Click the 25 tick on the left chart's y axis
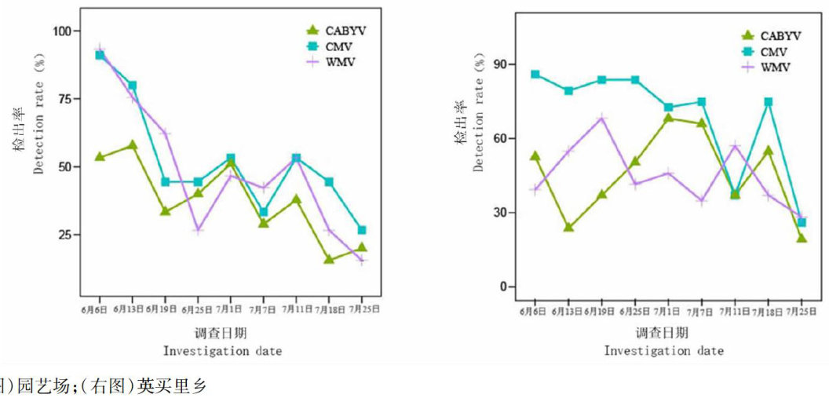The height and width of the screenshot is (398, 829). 64,235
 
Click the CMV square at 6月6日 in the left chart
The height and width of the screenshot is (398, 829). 100,55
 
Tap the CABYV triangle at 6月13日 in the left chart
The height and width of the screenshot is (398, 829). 133,145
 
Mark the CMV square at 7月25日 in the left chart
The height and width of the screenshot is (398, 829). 362,230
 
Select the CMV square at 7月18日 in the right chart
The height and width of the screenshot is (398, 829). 769,102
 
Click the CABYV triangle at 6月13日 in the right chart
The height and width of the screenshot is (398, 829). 568,228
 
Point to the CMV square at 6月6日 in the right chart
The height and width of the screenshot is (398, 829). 535,75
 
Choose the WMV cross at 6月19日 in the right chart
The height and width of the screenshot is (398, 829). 601,119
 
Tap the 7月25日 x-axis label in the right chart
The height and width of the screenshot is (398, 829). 802,311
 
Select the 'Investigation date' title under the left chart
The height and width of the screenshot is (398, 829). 222,351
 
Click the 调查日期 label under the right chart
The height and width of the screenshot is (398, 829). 663,332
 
